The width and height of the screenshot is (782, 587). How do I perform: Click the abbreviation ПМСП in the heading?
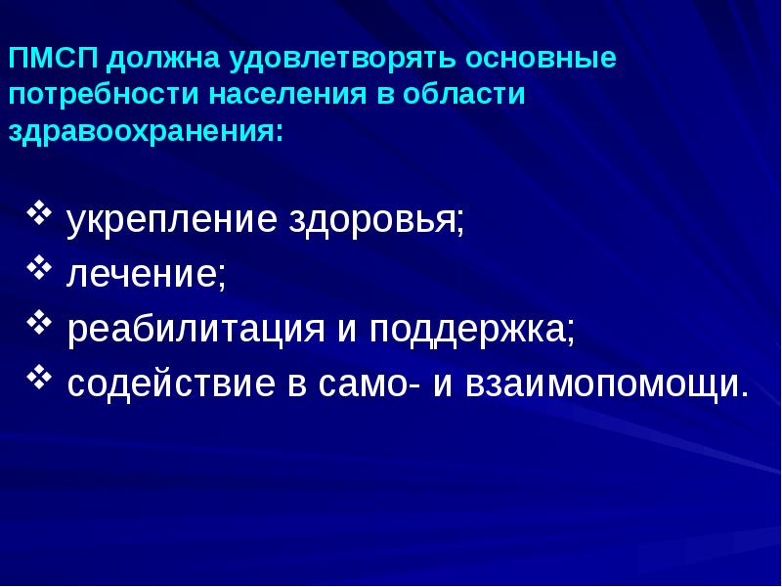pyautogui.click(x=54, y=59)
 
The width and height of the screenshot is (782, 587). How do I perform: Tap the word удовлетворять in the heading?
pyautogui.click(x=341, y=59)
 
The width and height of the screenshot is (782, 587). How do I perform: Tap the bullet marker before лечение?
pyautogui.click(x=40, y=265)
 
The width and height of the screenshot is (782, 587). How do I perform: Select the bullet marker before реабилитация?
pyautogui.click(x=40, y=321)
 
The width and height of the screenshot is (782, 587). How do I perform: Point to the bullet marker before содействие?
pyautogui.click(x=40, y=375)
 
